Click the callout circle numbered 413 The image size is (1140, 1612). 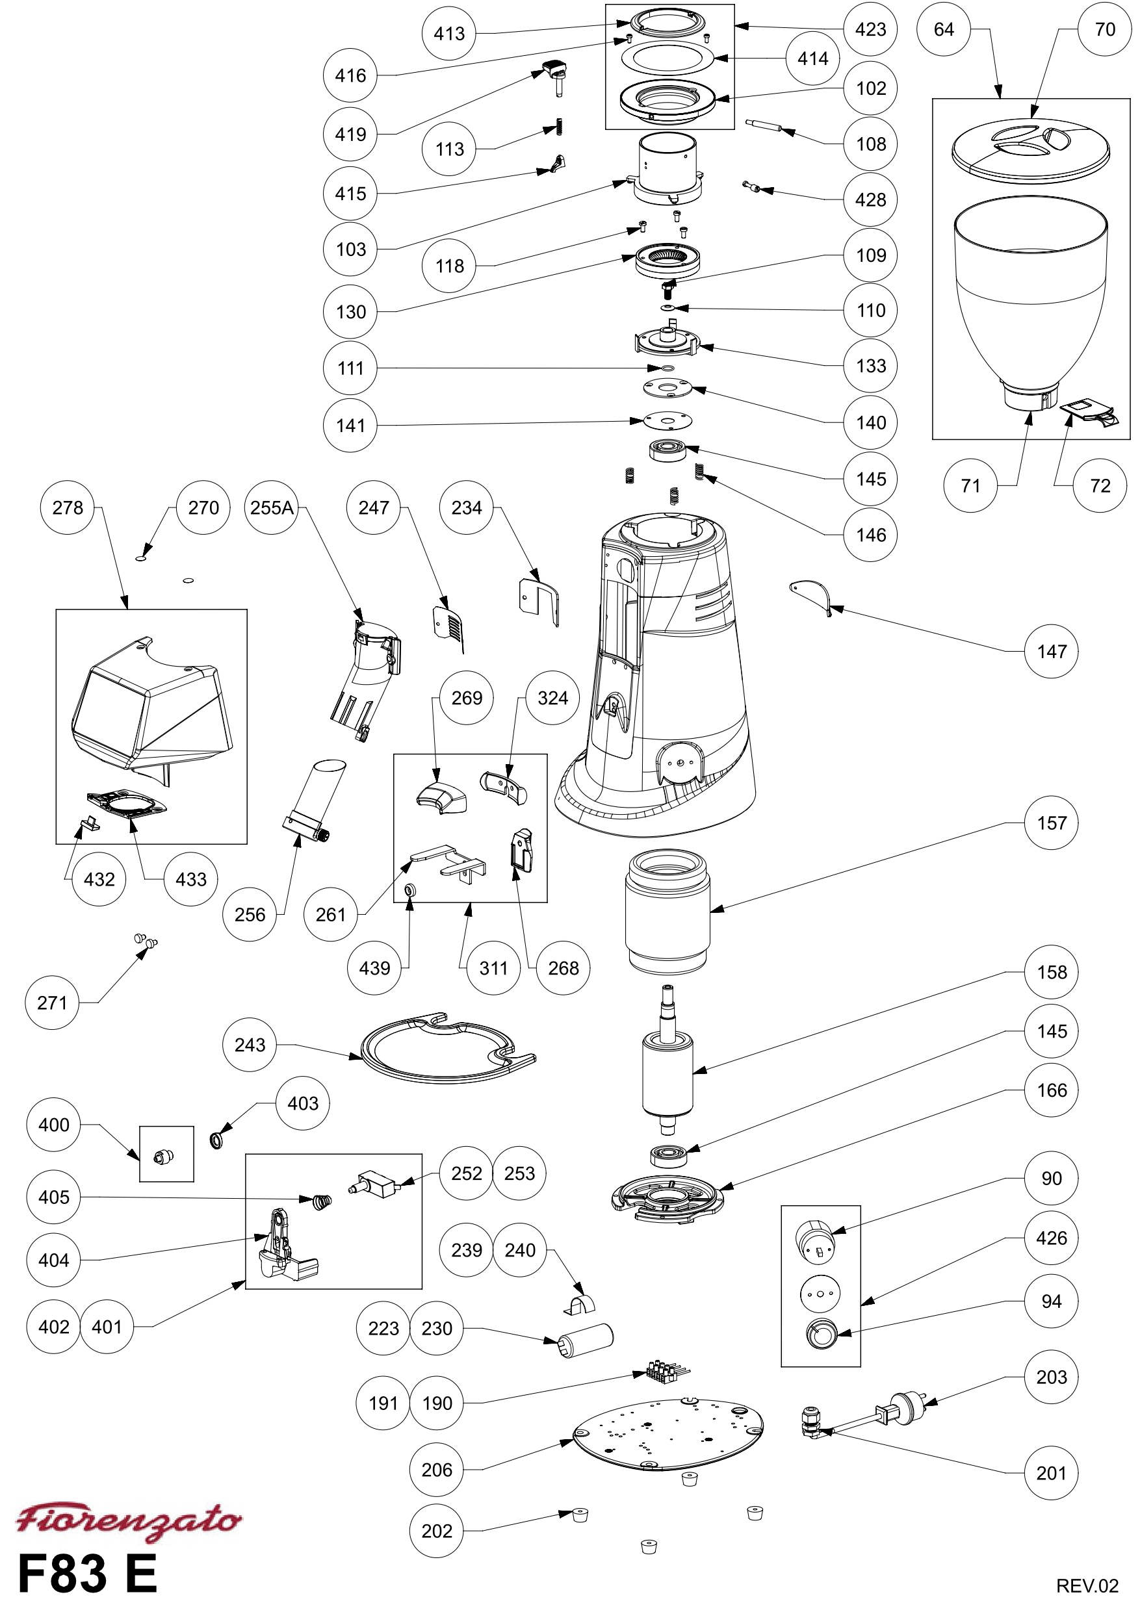(x=449, y=33)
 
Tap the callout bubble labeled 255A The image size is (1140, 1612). (x=272, y=507)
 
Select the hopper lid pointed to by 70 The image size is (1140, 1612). (x=1030, y=149)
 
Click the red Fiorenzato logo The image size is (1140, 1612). (x=129, y=1522)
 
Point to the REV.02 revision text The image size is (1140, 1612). (x=1086, y=1585)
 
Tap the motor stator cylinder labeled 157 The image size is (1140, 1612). (x=668, y=912)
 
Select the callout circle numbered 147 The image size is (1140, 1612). (x=1052, y=652)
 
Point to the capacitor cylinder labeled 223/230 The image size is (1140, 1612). (x=585, y=1340)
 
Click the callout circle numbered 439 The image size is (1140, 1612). (x=374, y=968)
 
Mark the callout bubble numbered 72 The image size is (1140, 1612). (x=1100, y=486)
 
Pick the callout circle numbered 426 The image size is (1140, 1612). (x=1052, y=1238)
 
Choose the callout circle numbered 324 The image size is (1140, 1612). (x=553, y=698)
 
